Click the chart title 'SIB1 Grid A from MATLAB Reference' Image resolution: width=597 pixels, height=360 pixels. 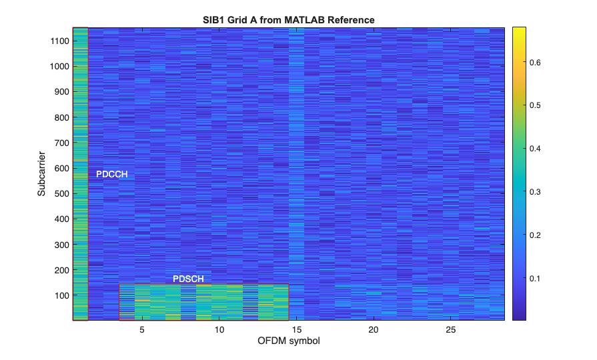289,20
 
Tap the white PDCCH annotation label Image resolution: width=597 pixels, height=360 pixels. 111,175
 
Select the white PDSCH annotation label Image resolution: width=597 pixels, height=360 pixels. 188,279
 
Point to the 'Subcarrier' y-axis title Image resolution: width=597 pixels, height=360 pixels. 41,173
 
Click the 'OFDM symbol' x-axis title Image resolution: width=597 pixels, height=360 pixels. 289,341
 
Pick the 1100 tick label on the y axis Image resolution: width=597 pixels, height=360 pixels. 58,41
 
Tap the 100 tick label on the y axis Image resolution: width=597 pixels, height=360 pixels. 60,295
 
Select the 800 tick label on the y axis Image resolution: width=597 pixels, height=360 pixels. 60,117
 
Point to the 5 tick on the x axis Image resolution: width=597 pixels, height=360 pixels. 141,330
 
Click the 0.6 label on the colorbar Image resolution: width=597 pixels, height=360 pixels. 537,63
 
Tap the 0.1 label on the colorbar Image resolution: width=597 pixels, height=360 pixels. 537,278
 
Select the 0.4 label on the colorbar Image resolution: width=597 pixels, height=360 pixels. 537,149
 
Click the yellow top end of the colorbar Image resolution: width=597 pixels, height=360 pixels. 520,30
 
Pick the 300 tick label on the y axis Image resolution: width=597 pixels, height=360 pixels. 60,245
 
